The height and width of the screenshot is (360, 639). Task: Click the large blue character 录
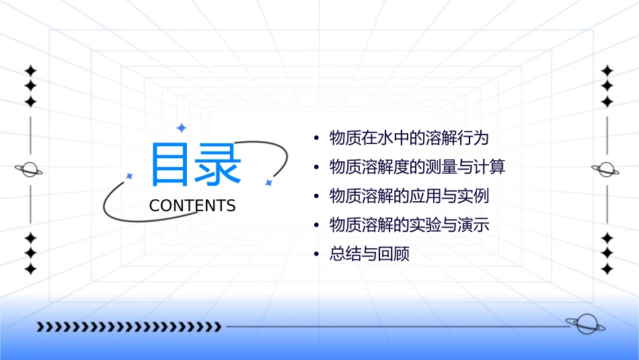218,165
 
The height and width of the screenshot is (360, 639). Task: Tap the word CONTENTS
192,206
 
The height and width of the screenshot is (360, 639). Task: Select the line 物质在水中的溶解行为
408,139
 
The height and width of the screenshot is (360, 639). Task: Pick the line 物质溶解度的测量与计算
417,167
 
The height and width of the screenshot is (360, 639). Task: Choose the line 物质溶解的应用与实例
408,196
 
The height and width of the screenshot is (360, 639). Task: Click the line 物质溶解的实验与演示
408,225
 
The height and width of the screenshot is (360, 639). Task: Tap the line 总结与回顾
369,254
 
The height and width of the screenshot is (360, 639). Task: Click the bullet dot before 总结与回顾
316,254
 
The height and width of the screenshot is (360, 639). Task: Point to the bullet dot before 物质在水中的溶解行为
316,139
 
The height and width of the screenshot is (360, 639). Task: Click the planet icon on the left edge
30,170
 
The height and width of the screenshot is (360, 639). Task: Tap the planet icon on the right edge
606,170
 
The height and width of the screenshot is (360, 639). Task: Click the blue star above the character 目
180,128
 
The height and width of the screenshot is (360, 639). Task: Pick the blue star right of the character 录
268,182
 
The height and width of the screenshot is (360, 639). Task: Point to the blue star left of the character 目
130,176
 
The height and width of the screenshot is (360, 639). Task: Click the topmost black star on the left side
30,71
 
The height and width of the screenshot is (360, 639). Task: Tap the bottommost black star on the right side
607,269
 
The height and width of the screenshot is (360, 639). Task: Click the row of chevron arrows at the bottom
128,327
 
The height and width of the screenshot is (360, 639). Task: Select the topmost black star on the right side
607,71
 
